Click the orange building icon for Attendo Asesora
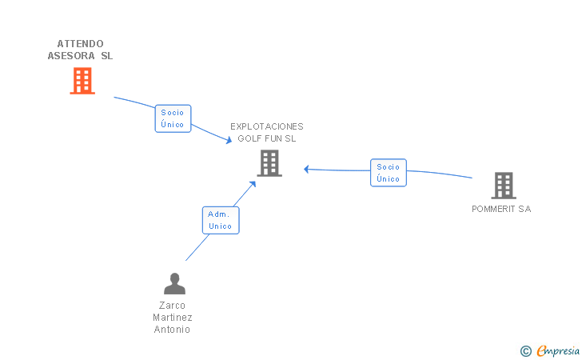pos(82,81)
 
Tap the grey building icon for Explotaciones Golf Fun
pos(269,163)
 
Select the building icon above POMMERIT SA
pos(503,186)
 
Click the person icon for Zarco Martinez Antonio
pos(174,284)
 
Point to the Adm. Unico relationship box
pos(220,220)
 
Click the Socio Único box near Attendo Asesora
pos(173,118)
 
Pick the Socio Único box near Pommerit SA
pos(389,173)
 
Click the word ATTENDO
pos(81,43)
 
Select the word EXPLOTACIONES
pos(267,126)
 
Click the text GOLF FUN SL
pos(267,138)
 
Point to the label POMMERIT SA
pos(501,210)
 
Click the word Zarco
pos(173,306)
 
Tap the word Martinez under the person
pos(173,318)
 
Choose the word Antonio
pos(173,330)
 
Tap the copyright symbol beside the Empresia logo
pos(525,350)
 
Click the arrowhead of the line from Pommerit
pos(306,169)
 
